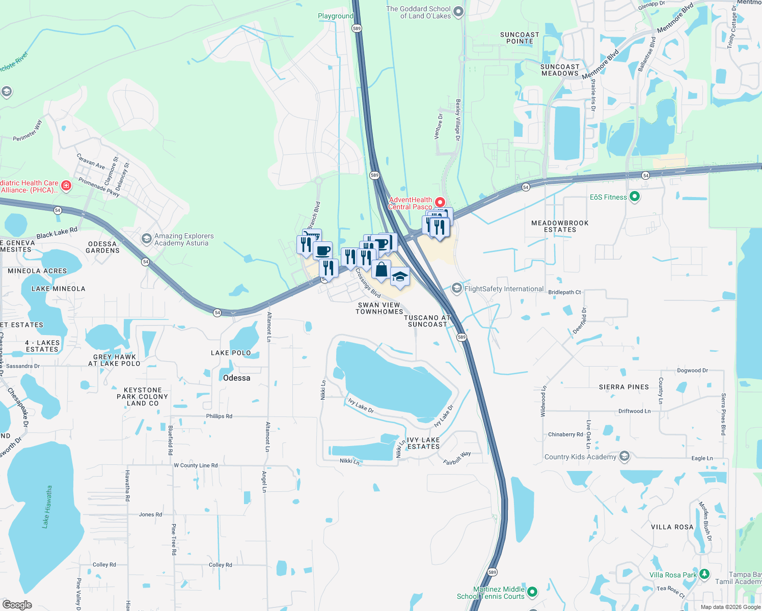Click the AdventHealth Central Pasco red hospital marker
pos(440,203)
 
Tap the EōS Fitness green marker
pos(635,197)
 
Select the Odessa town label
pos(236,378)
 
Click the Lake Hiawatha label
pos(47,507)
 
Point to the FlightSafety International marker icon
pos(457,289)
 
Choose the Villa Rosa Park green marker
pos(704,574)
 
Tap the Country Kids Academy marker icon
pos(624,456)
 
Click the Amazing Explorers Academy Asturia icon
pos(147,239)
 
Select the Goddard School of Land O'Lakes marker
pos(458,12)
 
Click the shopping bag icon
pos(381,269)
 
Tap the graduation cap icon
pos(400,276)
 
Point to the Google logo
pos(17,605)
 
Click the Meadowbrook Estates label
pos(560,227)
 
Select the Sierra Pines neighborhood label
pos(624,387)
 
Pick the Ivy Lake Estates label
pos(423,443)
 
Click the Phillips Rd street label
pos(219,416)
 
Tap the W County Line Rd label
pos(196,465)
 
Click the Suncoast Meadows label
pos(560,70)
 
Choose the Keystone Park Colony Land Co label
pos(143,397)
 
